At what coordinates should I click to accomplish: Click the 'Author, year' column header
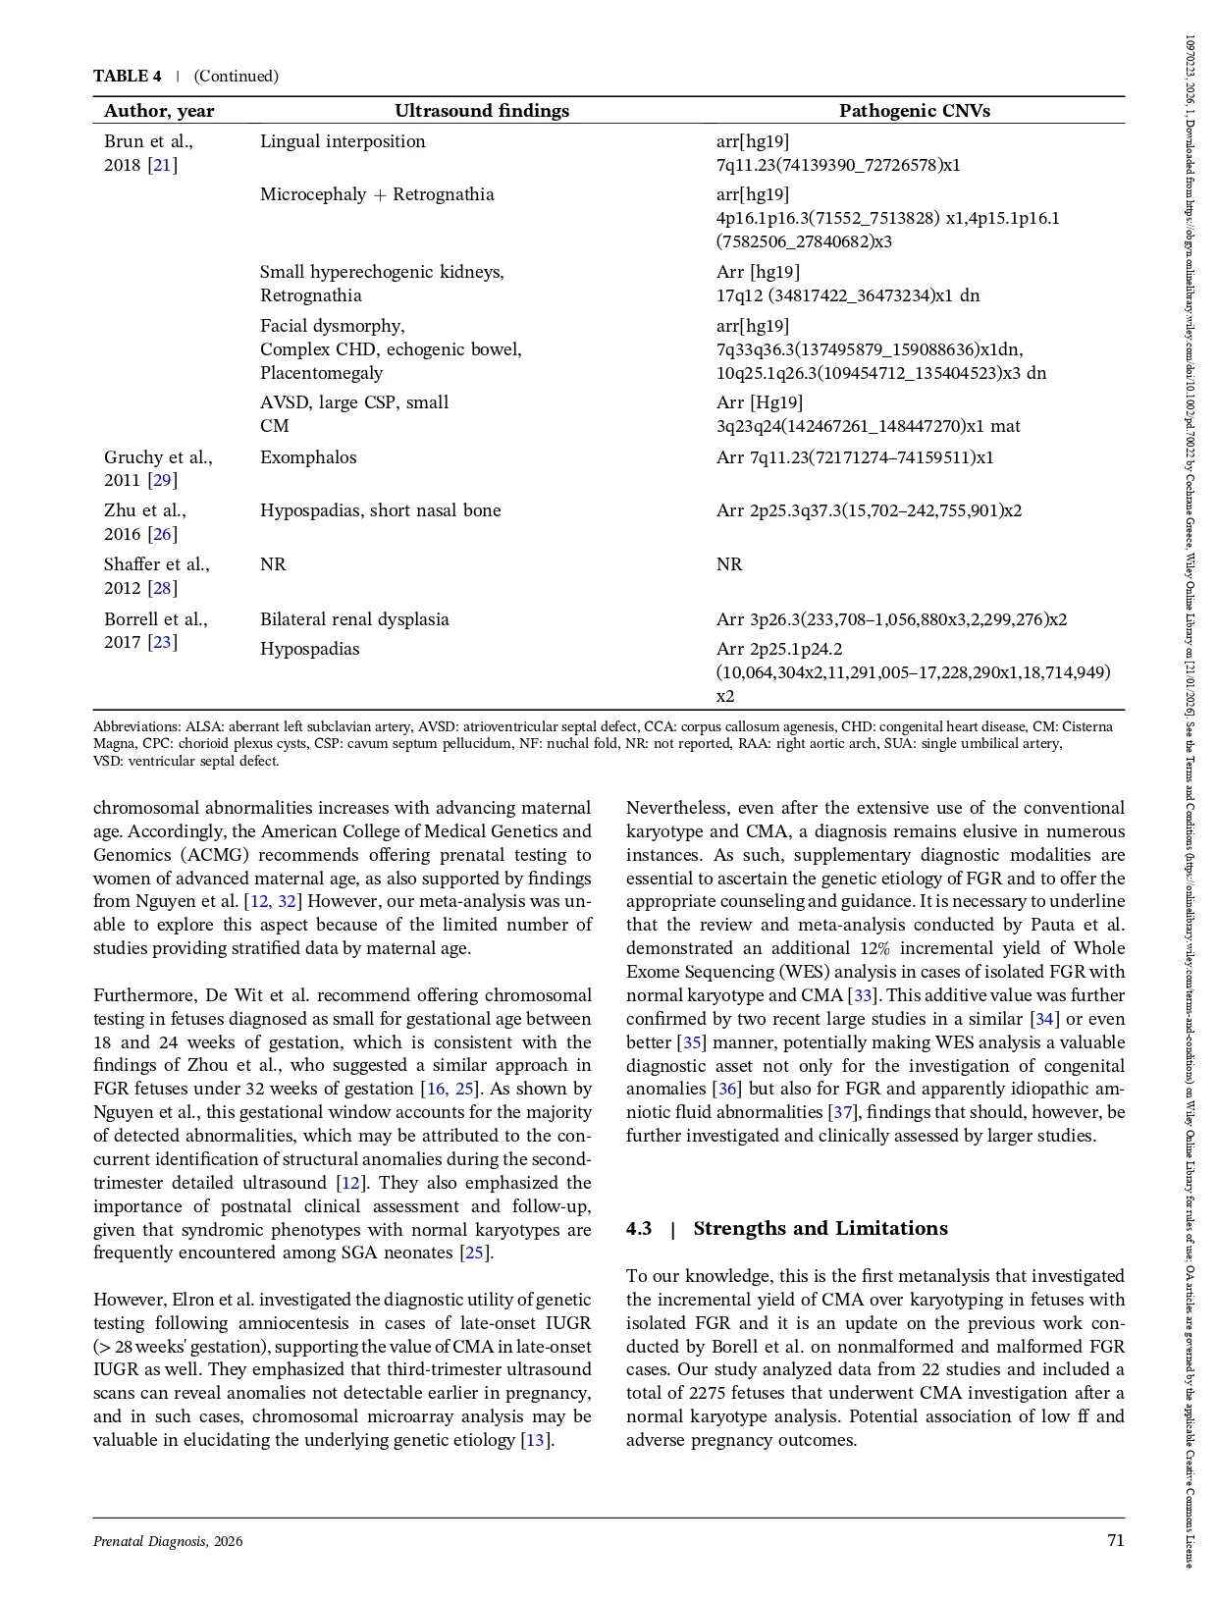point(159,111)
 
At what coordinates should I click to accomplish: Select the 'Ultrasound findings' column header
point(481,111)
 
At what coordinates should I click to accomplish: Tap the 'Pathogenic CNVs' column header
point(914,111)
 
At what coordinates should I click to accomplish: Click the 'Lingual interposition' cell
point(343,141)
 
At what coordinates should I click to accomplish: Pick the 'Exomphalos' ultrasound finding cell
point(308,457)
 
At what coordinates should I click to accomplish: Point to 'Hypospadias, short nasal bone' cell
point(380,510)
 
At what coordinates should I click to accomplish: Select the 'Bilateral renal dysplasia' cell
point(354,619)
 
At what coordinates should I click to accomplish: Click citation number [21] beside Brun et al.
point(162,165)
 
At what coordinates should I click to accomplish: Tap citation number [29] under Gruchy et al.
point(162,480)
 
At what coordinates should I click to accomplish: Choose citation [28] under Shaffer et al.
point(162,588)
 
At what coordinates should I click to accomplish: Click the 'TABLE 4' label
point(128,77)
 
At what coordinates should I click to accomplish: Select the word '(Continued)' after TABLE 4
point(236,77)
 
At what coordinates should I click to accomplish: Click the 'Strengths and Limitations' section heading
point(820,1229)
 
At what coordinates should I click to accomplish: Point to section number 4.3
point(639,1229)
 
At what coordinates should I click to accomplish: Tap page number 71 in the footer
point(1115,1541)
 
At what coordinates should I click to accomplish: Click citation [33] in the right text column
point(862,995)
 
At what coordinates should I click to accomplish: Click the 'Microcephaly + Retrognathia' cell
point(377,194)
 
